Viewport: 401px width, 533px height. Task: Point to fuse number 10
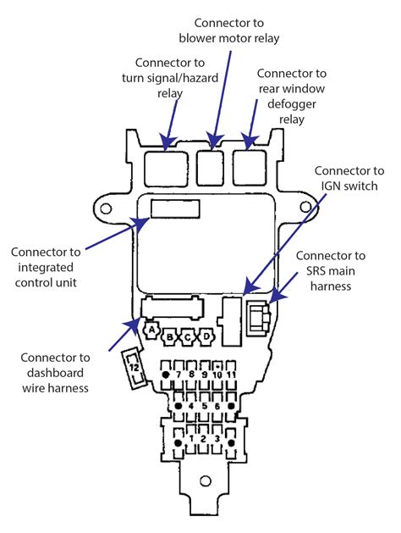coord(217,374)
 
